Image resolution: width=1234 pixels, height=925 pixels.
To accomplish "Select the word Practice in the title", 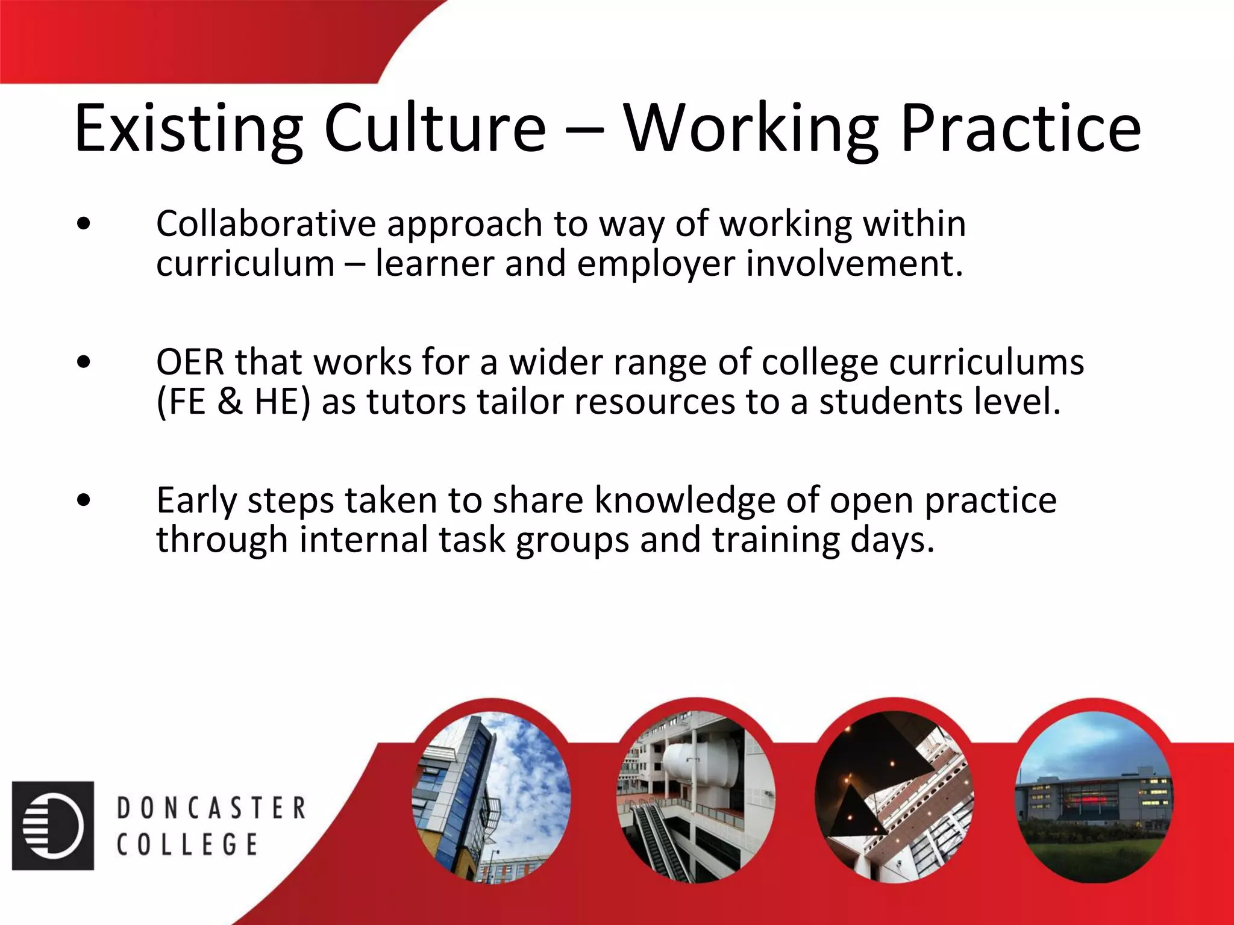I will coord(1020,128).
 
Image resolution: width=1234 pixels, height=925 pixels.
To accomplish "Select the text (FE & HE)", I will coord(233,402).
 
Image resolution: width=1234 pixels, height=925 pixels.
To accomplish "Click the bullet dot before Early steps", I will coord(84,500).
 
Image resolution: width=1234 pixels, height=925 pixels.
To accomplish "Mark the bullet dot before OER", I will coord(84,363).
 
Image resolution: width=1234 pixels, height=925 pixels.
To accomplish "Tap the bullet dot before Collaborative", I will coord(84,224).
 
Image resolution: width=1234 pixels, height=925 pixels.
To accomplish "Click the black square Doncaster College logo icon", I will coord(53,826).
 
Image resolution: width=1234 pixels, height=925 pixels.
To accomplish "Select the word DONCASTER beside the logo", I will coord(211,808).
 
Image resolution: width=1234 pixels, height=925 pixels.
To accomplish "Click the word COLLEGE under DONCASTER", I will coord(187,844).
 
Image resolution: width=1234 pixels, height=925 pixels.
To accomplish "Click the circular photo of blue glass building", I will coord(491,798).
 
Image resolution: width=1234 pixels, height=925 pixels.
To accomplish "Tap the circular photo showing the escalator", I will coord(696,798).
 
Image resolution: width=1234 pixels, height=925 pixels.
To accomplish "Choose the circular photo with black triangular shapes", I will coord(894,798).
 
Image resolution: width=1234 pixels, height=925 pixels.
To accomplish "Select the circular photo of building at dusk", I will coord(1094,798).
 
